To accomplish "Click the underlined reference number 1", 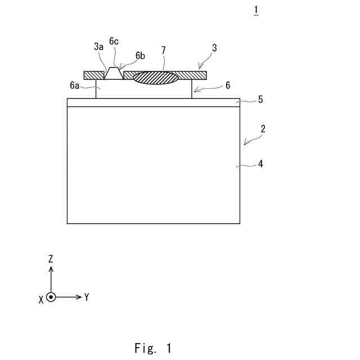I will coord(256,11).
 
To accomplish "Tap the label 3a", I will coord(100,47).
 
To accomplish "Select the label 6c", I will coord(114,41).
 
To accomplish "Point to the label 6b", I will coord(140,56).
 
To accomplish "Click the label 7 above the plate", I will coord(163,50).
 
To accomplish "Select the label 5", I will coord(260,100).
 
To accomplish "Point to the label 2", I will coord(263,129).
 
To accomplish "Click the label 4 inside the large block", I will coord(260,164).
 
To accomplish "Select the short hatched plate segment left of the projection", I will coord(94,75).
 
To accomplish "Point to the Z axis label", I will coord(51,259).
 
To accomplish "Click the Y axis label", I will coord(87,297).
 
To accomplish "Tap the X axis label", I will coord(41,299).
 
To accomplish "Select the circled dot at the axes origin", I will coord(51,296).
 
